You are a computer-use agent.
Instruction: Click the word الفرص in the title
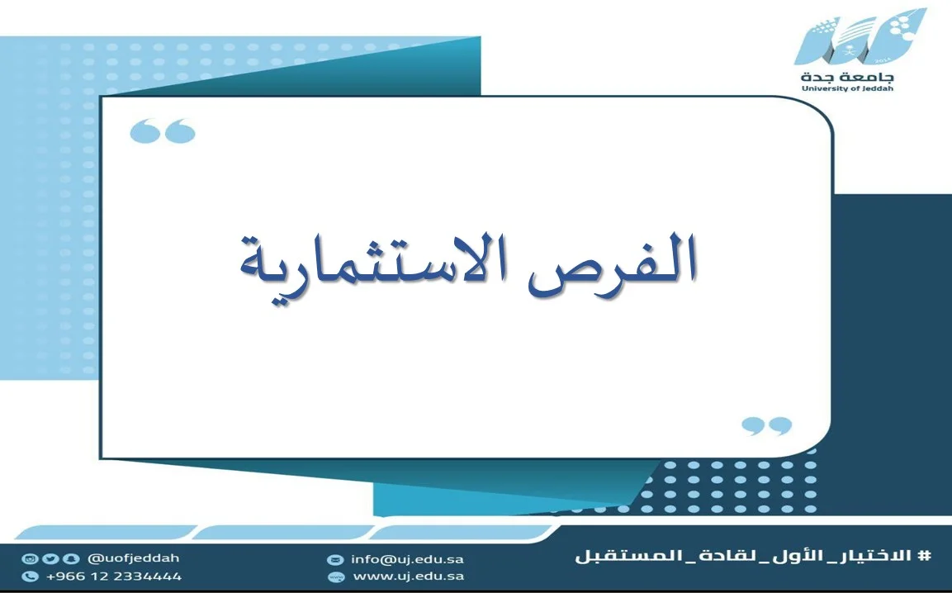[x=613, y=265]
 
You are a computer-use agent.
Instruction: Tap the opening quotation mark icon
[x=163, y=130]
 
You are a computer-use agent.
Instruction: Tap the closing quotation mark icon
[x=767, y=425]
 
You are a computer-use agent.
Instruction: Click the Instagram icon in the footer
[x=29, y=559]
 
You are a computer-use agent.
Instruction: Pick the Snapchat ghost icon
[x=71, y=559]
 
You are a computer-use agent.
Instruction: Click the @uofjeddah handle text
[x=134, y=557]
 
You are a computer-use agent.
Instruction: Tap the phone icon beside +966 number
[x=30, y=576]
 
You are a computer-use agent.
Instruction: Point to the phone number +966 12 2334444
[x=114, y=576]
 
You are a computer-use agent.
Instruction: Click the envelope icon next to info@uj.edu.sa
[x=335, y=560]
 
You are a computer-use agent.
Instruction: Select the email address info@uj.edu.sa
[x=407, y=559]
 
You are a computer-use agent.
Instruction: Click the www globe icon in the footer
[x=335, y=576]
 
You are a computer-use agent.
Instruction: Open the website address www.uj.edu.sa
[x=409, y=576]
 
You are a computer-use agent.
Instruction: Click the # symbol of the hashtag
[x=925, y=555]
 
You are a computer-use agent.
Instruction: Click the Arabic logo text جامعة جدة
[x=848, y=77]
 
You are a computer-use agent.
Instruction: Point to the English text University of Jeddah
[x=848, y=88]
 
